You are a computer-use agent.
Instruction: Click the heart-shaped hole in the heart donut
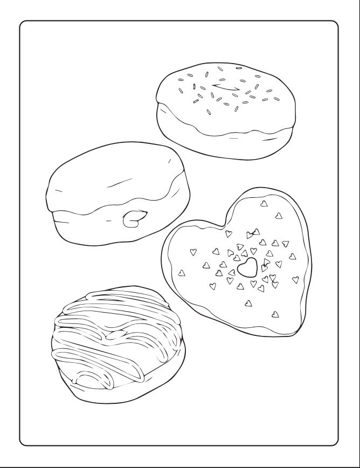247,267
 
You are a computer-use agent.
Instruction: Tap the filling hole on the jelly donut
132,218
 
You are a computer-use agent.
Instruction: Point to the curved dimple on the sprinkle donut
226,87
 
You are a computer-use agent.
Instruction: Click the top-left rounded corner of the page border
25,26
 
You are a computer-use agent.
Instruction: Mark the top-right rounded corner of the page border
334,26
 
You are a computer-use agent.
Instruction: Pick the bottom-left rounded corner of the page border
25,441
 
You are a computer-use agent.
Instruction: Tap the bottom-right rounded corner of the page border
334,441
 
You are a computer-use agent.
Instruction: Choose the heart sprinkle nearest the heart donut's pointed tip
275,313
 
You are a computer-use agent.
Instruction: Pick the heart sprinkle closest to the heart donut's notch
229,233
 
